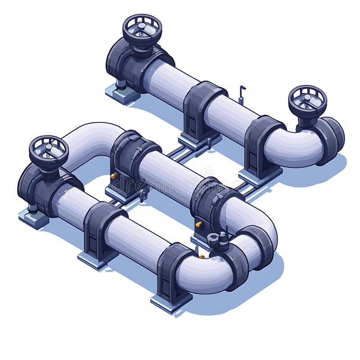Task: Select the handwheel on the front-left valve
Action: [49, 150]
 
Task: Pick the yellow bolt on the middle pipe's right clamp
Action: [198, 223]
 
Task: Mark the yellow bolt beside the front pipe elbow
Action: [202, 256]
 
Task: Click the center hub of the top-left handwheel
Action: [142, 27]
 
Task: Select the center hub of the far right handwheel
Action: [307, 98]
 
